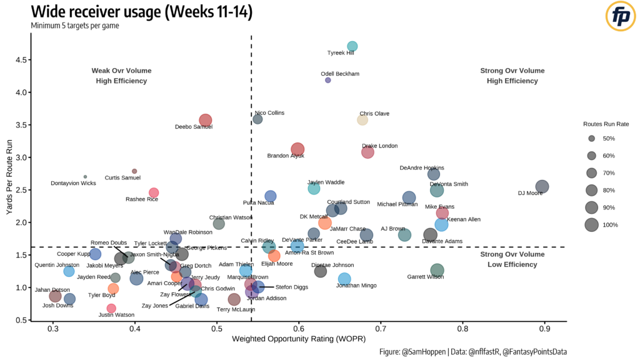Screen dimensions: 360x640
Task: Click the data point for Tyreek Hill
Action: point(352,46)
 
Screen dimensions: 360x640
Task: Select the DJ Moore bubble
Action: point(542,186)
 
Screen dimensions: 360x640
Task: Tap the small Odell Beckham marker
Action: point(328,80)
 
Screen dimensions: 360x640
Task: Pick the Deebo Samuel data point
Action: point(206,120)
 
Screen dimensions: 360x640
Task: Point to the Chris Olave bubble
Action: point(362,119)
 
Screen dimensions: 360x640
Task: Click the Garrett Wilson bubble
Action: point(437,270)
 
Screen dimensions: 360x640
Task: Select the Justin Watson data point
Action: point(111,308)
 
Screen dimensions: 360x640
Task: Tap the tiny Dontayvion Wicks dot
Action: point(86,177)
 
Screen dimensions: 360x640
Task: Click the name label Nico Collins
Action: point(269,113)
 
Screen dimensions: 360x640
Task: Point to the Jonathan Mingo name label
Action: point(357,284)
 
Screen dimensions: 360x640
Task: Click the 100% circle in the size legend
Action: point(591,225)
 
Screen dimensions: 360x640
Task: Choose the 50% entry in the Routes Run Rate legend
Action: point(591,138)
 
